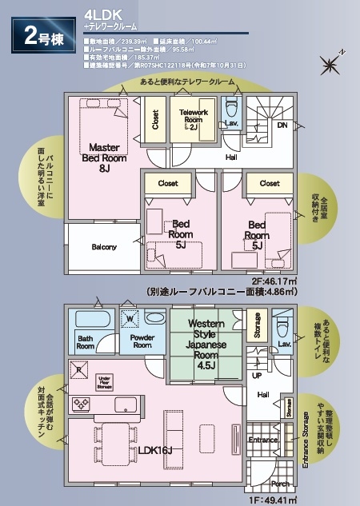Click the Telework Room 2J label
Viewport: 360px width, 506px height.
(194, 120)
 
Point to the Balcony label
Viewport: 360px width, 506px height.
(103, 246)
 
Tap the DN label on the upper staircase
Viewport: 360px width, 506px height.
(282, 126)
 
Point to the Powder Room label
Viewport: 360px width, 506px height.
(142, 342)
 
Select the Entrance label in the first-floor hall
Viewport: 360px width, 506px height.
(263, 440)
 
